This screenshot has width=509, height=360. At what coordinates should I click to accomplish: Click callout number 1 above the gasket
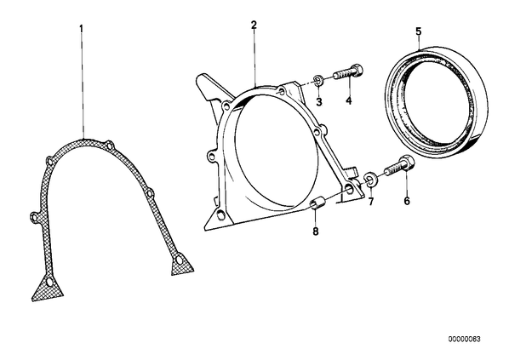coord(82,29)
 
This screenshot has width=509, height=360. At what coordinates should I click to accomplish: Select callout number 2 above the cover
coord(254,25)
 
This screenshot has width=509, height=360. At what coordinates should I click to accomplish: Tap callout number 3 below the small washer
coord(319,102)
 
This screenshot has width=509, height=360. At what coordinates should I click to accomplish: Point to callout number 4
coord(349,101)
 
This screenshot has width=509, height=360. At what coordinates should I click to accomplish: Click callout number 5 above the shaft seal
coord(419,31)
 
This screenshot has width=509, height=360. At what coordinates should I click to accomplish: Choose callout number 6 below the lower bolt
coord(407,201)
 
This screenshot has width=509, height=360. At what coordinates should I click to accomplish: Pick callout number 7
coord(371,202)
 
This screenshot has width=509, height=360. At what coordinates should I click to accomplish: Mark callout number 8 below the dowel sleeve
coord(316,231)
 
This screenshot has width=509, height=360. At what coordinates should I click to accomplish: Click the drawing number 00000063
coord(464,340)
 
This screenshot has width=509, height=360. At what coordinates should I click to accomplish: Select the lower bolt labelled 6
coord(399,166)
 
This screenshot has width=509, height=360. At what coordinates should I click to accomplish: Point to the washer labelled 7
coord(369,179)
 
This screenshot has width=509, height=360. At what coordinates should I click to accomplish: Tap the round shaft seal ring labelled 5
coord(437,102)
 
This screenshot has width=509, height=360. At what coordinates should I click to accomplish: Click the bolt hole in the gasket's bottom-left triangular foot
coord(49,282)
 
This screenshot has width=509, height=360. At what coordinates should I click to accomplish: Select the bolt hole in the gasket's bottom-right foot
coord(180,260)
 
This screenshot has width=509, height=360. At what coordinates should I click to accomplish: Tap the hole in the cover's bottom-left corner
coord(220,215)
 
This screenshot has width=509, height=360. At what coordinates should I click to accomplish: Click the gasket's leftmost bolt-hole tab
coord(35,216)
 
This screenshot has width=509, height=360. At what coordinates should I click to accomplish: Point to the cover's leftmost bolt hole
coord(212,156)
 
